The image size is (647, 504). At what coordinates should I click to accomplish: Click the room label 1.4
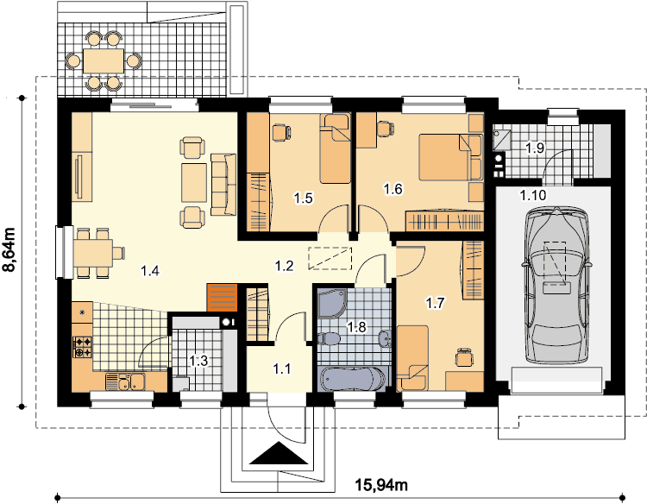150,271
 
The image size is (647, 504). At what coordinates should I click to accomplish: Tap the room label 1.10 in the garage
533,195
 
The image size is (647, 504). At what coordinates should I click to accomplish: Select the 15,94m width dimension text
381,485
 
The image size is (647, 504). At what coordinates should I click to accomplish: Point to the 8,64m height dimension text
9,249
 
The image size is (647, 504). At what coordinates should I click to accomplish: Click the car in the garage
555,285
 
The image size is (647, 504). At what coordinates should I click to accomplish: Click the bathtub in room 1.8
353,379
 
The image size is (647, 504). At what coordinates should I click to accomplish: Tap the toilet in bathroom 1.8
328,338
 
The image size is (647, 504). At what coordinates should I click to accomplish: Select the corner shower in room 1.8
333,304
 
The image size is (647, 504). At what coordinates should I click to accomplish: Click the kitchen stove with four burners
83,347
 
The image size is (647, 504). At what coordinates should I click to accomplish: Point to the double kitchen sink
124,381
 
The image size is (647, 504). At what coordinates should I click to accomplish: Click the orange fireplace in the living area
222,298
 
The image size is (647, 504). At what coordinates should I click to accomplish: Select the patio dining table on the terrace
104,61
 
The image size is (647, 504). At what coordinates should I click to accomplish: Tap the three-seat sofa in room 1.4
223,185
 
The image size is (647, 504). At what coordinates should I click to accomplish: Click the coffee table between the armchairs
194,182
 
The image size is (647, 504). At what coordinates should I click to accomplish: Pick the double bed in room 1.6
450,157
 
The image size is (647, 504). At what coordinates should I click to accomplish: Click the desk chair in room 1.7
463,356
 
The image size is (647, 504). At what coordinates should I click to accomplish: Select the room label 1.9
535,148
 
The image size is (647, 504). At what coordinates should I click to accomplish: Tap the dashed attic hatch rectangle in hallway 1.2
330,259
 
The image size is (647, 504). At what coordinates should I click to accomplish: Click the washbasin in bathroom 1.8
385,337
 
